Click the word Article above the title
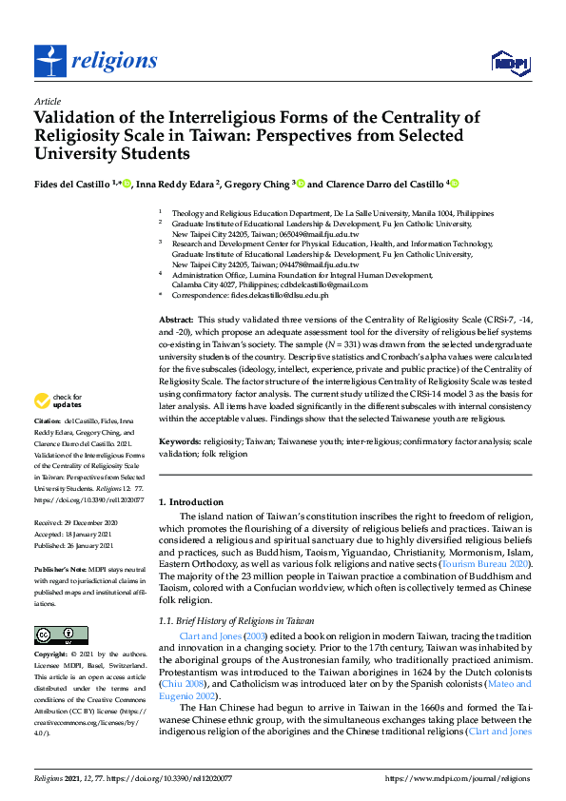coord(47,101)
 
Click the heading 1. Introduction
coord(190,502)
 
